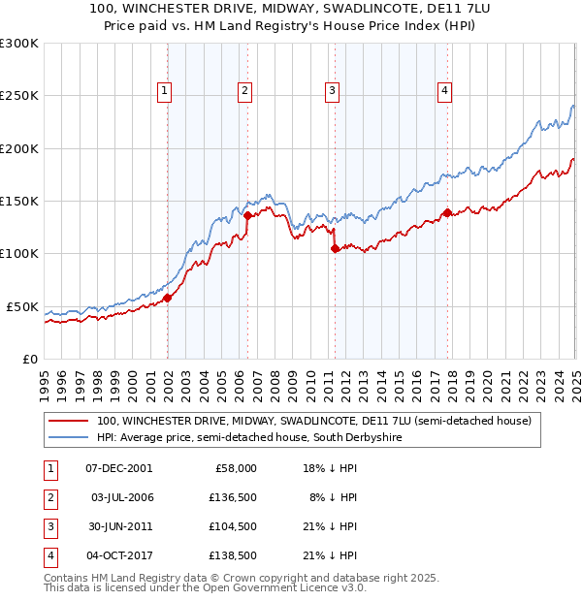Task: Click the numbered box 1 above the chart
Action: pos(164,91)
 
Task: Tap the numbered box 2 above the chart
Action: pos(244,91)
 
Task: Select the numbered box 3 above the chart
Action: pos(332,91)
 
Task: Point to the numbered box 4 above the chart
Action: pos(444,91)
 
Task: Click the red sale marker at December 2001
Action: pos(167,298)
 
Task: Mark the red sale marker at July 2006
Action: pos(247,215)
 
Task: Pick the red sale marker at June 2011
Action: pos(335,249)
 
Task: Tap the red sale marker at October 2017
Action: pos(446,213)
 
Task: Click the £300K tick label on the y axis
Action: pos(19,44)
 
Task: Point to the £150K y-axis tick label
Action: pos(19,201)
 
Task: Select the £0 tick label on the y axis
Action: pos(29,359)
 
